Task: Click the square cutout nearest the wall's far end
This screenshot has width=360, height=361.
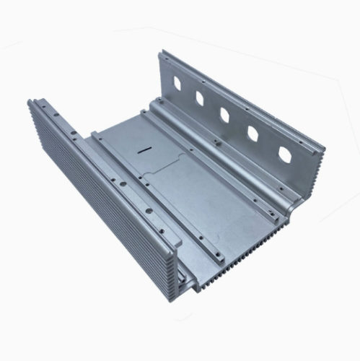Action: tap(175, 75)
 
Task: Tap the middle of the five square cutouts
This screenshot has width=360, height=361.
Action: tap(224, 114)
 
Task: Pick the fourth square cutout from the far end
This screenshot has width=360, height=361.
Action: tap(253, 134)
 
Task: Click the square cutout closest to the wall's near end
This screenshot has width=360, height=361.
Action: tap(284, 155)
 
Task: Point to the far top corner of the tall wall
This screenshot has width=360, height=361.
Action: tap(164, 52)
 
